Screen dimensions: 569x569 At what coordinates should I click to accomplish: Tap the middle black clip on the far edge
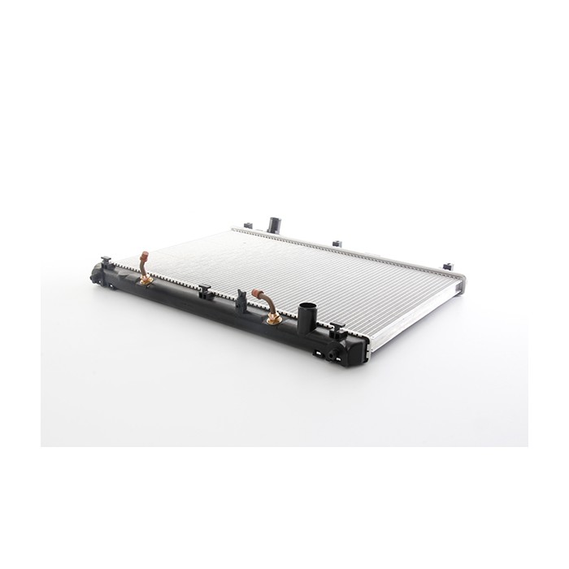pyautogui.click(x=335, y=243)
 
